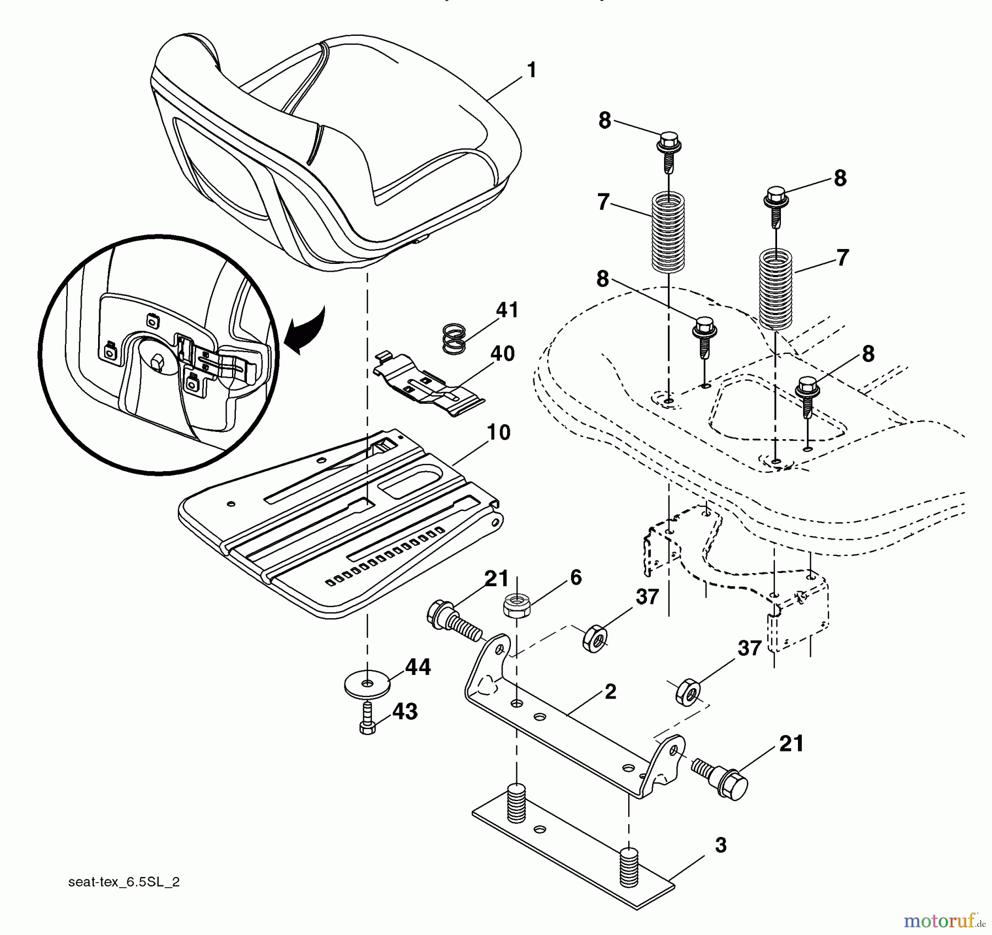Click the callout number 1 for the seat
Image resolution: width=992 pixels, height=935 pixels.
[531, 71]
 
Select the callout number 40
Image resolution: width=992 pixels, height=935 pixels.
[502, 353]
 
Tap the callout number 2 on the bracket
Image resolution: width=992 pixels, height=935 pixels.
[610, 692]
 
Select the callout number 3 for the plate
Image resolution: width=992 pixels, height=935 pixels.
[721, 845]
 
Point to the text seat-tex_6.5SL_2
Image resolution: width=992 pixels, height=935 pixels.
[124, 882]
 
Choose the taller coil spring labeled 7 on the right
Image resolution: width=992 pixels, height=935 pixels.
[776, 289]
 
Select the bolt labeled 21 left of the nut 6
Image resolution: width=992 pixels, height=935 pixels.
[452, 620]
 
